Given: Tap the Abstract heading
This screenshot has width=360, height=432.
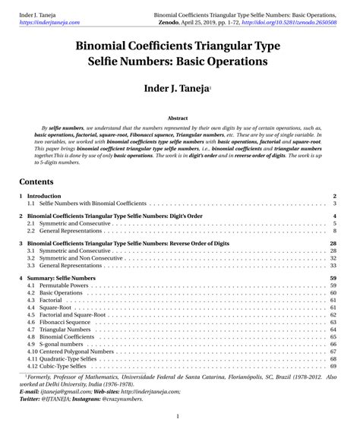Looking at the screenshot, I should tap(177, 119).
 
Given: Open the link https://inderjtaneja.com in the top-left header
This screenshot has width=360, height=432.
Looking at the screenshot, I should tap(49, 24).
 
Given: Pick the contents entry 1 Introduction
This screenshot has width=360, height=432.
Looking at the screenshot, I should tap(50, 196).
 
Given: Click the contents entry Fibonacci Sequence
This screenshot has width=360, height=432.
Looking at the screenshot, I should tap(65, 323).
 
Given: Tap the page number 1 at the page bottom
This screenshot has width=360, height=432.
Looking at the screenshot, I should tap(177, 417).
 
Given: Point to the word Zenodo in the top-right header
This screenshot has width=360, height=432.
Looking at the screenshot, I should tap(166, 24).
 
